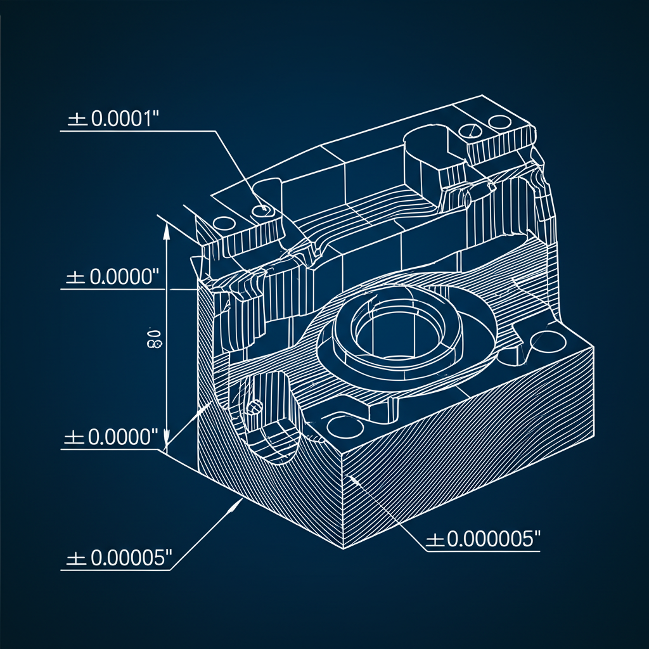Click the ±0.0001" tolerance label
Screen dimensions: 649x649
pos(111,120)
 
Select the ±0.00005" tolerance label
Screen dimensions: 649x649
pos(119,558)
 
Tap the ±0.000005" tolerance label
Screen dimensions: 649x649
pos(482,540)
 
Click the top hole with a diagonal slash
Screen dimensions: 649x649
pos(470,131)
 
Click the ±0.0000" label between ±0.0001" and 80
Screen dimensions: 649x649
pos(111,278)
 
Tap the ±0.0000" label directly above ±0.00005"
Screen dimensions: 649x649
pos(111,438)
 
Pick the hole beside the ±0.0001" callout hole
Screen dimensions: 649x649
pos(224,223)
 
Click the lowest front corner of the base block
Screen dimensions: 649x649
pos(342,549)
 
